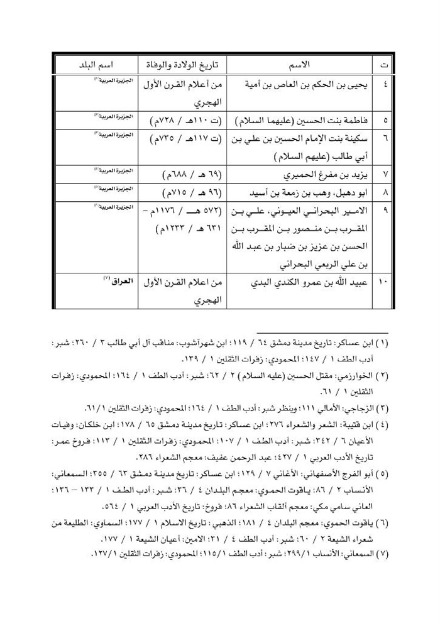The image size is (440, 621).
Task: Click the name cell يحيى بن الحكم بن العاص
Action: (x=302, y=83)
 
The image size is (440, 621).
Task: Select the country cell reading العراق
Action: (x=113, y=283)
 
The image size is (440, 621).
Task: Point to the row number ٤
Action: (x=385, y=83)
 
